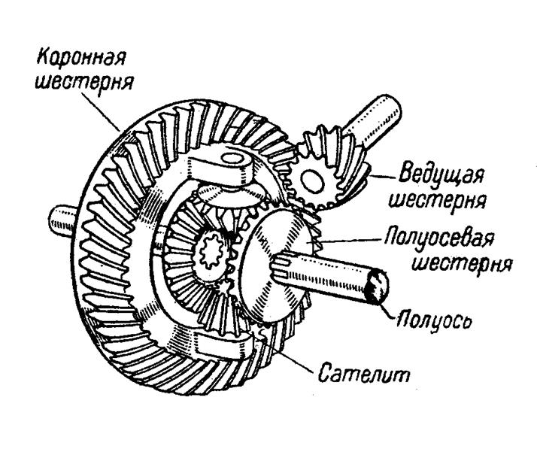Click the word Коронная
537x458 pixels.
click(x=81, y=58)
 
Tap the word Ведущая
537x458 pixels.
click(x=441, y=174)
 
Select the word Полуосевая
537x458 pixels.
click(x=439, y=238)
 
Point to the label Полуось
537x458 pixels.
click(x=434, y=320)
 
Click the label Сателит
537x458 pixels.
click(x=364, y=373)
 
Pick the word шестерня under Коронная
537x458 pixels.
click(x=84, y=83)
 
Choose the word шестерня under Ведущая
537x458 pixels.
click(x=437, y=200)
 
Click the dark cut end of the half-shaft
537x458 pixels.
click(x=377, y=287)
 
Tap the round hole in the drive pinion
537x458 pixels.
click(x=311, y=181)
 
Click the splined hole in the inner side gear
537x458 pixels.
click(x=211, y=252)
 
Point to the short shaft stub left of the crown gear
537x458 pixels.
click(x=62, y=221)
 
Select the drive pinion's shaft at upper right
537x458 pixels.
click(x=371, y=120)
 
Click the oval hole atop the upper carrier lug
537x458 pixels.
click(x=232, y=159)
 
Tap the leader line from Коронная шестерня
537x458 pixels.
click(x=101, y=111)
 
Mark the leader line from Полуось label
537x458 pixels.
click(x=387, y=311)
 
